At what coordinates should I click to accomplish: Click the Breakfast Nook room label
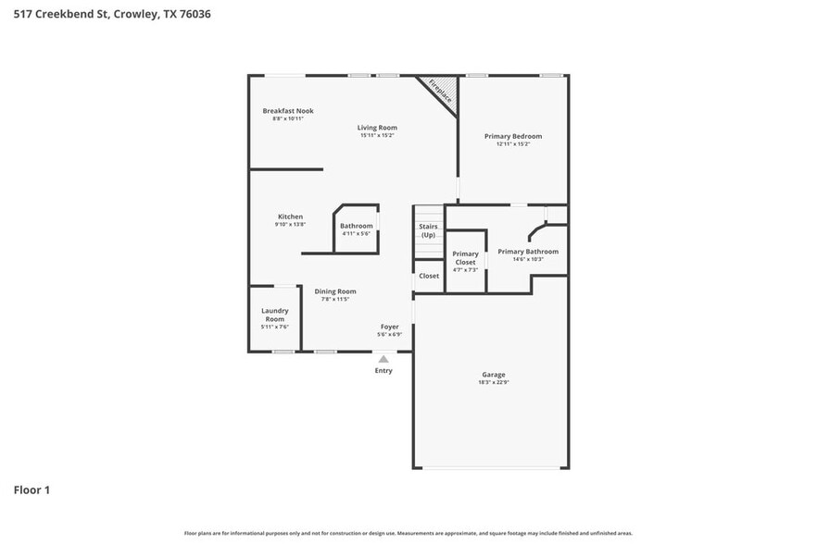[287, 111]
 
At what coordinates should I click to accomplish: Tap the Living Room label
[378, 128]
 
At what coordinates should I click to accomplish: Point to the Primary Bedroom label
[513, 136]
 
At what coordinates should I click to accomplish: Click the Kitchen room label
[290, 216]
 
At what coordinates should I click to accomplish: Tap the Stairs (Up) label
[428, 230]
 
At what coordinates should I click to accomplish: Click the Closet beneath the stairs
[429, 276]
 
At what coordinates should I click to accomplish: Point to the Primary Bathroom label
[528, 252]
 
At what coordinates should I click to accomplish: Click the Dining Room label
[334, 291]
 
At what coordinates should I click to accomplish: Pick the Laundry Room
[274, 315]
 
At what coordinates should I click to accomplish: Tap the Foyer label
[389, 327]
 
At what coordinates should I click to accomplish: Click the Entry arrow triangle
[383, 358]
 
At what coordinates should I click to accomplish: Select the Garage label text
[493, 375]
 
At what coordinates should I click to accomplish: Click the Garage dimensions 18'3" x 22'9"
[493, 382]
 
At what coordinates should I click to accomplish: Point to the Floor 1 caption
[31, 489]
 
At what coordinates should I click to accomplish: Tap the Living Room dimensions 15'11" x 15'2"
[378, 136]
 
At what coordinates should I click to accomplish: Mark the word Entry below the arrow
[383, 371]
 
